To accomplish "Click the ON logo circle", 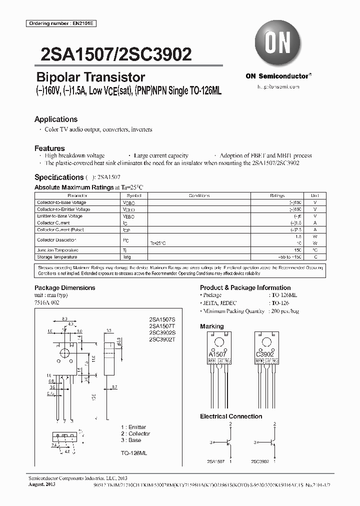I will point(277,44).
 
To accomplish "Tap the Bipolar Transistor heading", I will point(91,77).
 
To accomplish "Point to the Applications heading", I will point(56,119).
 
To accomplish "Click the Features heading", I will point(49,148).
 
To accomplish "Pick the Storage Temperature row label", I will point(57,257).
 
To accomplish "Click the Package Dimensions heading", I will point(64,288).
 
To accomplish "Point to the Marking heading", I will point(212,326).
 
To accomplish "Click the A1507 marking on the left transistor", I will point(217,354).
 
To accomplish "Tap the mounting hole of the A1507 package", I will point(218,343).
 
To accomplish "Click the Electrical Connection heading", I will point(231,416).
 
